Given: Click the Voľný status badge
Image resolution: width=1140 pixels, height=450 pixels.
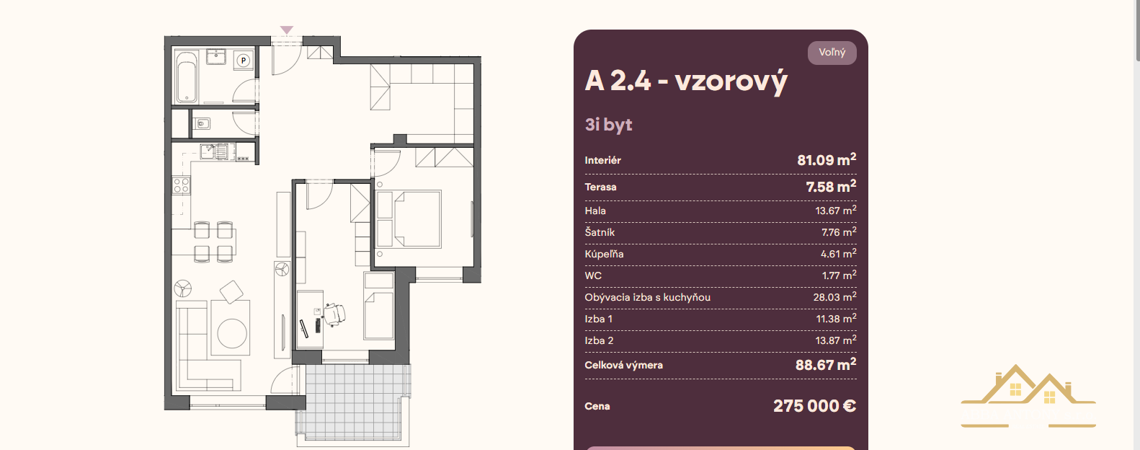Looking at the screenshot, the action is coord(832,53).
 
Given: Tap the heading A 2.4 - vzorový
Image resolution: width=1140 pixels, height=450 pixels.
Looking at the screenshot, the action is coord(686,81).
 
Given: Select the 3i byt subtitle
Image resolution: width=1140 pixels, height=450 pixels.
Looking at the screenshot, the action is coord(608,124).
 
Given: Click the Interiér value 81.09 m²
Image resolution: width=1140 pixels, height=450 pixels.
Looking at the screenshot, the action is coord(827,160).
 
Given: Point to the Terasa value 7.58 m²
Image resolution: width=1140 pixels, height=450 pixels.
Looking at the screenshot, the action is coord(831,186).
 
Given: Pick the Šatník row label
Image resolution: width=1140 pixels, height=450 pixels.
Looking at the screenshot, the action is coord(600,232).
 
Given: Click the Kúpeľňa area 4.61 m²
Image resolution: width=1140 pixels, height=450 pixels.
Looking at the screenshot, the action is coord(838,254).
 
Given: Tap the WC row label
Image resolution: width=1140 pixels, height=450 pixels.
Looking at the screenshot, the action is coord(593,275).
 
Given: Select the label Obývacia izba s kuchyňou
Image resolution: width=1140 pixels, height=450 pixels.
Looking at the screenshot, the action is coord(647,297).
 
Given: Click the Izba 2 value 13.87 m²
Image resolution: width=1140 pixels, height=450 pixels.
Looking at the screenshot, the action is coord(836,340).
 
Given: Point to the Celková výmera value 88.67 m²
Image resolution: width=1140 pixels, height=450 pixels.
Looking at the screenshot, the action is coord(826,364).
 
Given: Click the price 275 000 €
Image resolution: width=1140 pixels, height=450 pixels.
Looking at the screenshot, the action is coord(814,406).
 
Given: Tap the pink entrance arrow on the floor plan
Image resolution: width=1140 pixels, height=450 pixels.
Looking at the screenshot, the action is coord(287,30).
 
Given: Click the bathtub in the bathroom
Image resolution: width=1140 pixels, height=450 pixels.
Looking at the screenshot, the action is coord(187,76).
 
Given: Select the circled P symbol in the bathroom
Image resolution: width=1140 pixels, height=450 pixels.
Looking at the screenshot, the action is coord(244,61).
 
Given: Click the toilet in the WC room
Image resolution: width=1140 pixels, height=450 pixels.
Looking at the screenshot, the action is coord(202,123).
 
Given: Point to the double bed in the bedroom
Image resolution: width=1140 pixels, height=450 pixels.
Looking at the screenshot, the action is coord(408,219).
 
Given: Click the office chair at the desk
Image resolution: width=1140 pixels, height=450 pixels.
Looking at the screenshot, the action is coord(335,314).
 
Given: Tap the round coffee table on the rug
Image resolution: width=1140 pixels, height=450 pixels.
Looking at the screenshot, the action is coord(232,333).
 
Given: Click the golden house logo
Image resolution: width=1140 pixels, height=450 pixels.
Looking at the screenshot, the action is coord(1028,394).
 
